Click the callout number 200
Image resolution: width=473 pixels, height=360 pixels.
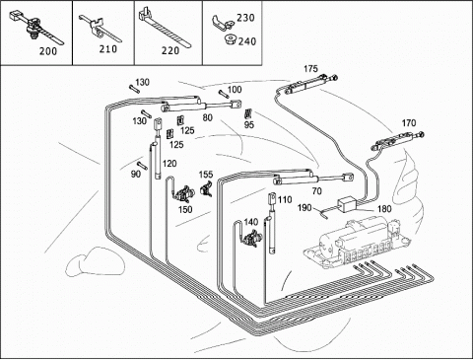[48, 51]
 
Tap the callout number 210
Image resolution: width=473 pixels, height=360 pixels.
[108, 49]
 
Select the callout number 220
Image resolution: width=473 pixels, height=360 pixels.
[170, 50]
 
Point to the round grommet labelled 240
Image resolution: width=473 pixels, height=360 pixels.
[230, 40]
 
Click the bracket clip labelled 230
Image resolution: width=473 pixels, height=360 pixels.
[222, 23]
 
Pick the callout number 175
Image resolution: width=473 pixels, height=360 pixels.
[310, 69]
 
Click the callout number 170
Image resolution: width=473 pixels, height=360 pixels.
[409, 123]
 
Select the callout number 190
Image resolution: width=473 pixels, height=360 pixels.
[304, 208]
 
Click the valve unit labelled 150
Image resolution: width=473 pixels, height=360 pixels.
[183, 194]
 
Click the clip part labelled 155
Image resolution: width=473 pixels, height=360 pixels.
[206, 188]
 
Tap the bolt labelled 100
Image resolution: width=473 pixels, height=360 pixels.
[224, 94]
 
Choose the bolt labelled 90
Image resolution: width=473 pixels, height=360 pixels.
[142, 166]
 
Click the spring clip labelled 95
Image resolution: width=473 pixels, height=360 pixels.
[248, 113]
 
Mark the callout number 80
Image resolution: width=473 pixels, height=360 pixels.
[207, 117]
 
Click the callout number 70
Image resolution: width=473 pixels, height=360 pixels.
[317, 191]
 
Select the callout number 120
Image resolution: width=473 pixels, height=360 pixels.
[169, 164]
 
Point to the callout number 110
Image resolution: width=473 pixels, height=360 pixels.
[285, 199]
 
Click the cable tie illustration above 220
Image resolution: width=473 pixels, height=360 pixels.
[165, 29]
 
